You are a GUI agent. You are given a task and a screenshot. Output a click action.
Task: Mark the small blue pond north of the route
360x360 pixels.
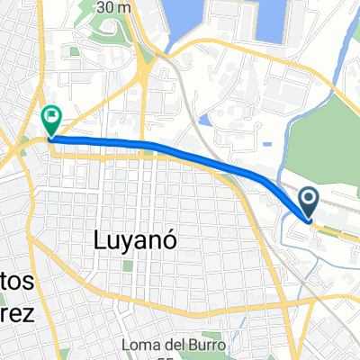pos(206,120)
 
